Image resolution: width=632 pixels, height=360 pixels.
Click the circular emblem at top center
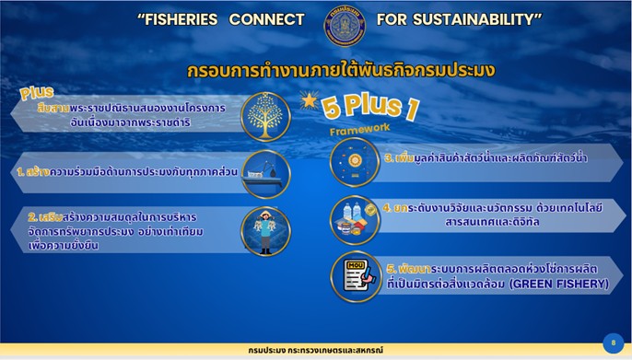(344, 24)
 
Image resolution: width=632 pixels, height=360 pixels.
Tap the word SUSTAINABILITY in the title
(483, 19)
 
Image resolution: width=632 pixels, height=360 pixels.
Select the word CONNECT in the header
(267, 19)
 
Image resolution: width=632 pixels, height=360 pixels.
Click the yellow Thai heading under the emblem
(341, 70)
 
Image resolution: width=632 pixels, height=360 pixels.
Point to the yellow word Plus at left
(37, 94)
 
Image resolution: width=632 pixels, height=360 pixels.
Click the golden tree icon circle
(265, 116)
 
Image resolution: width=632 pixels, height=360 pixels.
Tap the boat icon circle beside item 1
(265, 173)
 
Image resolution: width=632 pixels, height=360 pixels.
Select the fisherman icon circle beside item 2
(265, 230)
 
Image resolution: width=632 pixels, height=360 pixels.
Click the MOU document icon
(355, 275)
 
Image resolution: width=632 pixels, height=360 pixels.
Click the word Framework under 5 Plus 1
(360, 130)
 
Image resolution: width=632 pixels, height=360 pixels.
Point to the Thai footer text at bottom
(315, 351)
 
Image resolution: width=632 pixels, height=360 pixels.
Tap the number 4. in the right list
(388, 208)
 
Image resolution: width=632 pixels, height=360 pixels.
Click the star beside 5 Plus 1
(306, 99)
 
